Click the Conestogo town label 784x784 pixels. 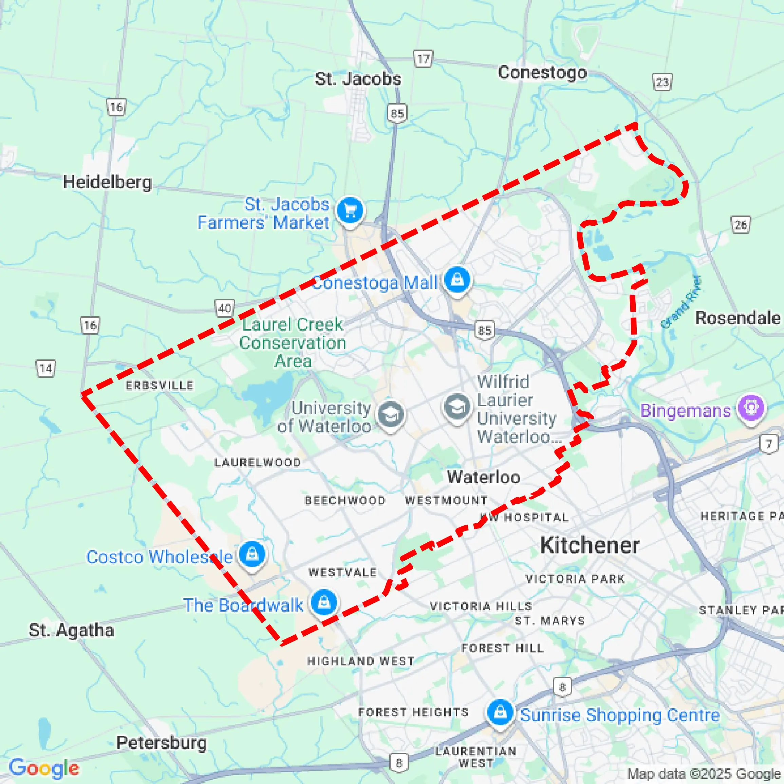(542, 73)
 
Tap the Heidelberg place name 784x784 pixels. (107, 182)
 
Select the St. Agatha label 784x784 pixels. (71, 630)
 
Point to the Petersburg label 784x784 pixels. (162, 743)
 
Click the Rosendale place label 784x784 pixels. (737, 318)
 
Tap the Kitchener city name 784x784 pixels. (590, 545)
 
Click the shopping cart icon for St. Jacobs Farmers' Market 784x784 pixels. (351, 210)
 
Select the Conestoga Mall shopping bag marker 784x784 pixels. (458, 280)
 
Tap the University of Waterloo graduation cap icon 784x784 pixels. (390, 414)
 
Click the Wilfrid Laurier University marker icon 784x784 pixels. (457, 406)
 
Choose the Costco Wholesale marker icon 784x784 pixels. (252, 554)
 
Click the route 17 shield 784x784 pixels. (423, 59)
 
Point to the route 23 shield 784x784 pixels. (662, 82)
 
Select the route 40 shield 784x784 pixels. (224, 309)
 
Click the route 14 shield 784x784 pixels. (46, 369)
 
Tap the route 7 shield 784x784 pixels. (769, 444)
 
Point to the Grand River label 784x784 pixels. (682, 302)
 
